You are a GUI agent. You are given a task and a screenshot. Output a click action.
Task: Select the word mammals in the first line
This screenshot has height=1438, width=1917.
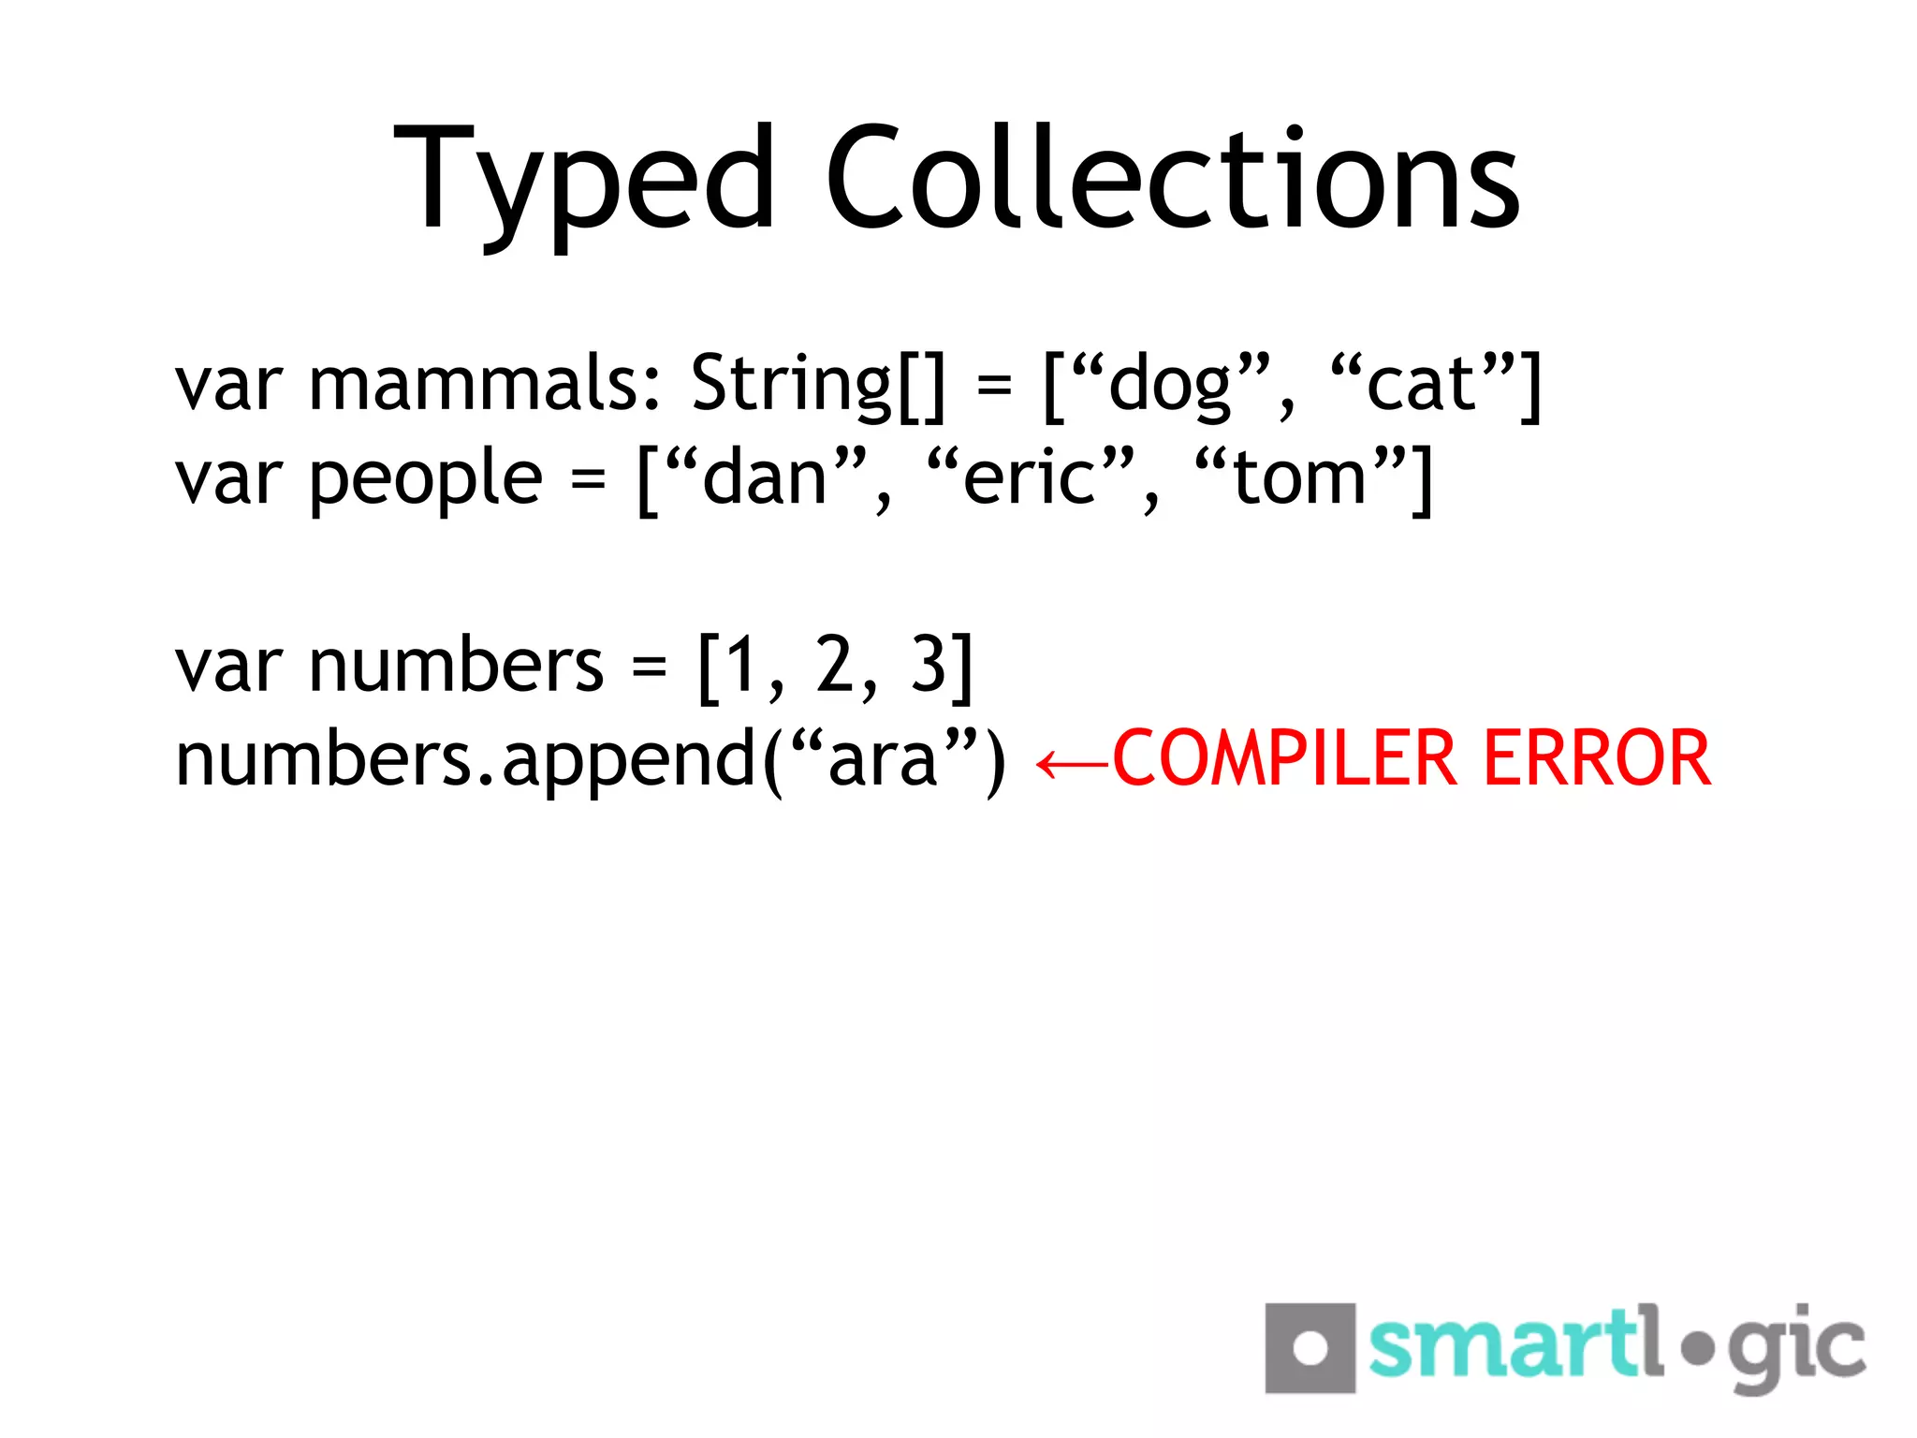pyautogui.click(x=485, y=384)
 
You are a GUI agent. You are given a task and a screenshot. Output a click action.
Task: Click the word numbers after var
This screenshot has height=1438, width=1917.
pyautogui.click(x=456, y=666)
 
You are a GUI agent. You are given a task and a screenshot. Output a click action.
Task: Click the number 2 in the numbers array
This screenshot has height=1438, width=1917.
pyautogui.click(x=833, y=666)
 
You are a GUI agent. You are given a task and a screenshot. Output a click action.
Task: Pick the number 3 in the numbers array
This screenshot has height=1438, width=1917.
pyautogui.click(x=929, y=666)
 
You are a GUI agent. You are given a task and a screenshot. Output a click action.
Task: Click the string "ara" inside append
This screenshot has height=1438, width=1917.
pyautogui.click(x=883, y=758)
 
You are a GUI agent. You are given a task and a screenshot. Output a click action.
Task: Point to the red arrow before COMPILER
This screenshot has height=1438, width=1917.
pyautogui.click(x=1073, y=764)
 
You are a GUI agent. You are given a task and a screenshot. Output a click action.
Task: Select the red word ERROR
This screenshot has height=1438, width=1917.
pyautogui.click(x=1597, y=758)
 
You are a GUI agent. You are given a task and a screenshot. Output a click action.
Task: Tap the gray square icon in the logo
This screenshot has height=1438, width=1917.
pyautogui.click(x=1310, y=1347)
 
